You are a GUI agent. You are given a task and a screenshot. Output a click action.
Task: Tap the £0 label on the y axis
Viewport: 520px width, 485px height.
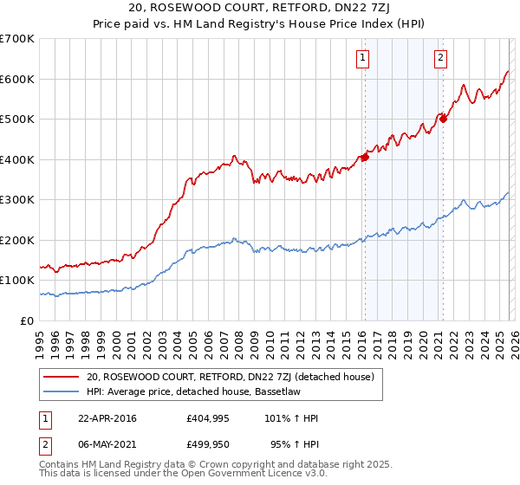pyautogui.click(x=26, y=320)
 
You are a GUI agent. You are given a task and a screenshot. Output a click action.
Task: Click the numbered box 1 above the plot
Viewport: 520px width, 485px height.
pyautogui.click(x=361, y=58)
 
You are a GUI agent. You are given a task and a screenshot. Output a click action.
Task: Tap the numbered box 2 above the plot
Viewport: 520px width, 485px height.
pyautogui.click(x=440, y=58)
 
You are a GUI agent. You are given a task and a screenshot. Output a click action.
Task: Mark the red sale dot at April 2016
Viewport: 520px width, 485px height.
pyautogui.click(x=365, y=157)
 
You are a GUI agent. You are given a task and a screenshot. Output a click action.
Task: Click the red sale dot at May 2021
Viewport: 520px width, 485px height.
pyautogui.click(x=443, y=119)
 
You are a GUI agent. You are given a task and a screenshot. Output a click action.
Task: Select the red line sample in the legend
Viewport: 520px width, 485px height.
pyautogui.click(x=62, y=377)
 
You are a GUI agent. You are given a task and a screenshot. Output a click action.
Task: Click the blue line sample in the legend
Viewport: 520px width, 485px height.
pyautogui.click(x=62, y=391)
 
